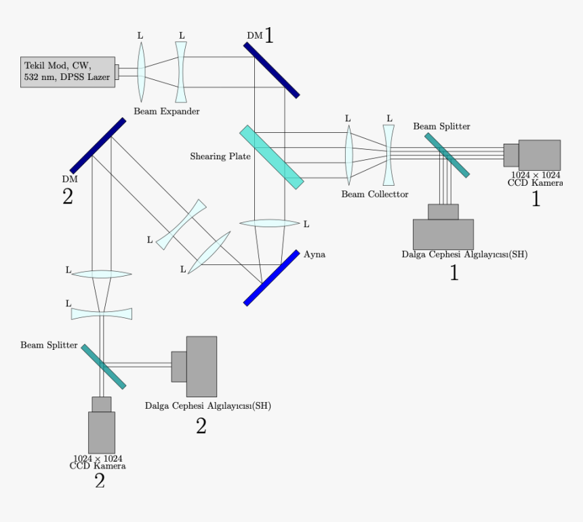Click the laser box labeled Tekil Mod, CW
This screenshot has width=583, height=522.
(x=67, y=71)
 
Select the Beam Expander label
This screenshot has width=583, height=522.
(x=167, y=111)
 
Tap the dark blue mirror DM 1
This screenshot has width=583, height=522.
(x=271, y=70)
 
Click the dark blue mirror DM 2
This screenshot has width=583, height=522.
(x=98, y=146)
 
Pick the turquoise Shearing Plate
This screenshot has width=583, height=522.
(x=271, y=157)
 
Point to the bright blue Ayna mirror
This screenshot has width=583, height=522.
(x=272, y=278)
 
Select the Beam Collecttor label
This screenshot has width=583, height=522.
(x=375, y=195)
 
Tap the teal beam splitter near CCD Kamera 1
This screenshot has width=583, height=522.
(x=447, y=155)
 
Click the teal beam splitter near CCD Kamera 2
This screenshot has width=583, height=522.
(x=104, y=367)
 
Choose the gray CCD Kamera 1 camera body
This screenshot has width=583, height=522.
(x=539, y=155)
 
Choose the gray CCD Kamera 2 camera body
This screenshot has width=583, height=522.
(x=102, y=431)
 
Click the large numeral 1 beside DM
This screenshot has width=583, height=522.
(x=268, y=36)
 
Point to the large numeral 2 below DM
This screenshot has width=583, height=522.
(x=67, y=197)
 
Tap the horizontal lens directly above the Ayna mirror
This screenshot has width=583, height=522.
(x=270, y=223)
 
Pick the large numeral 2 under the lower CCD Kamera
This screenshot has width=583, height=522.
(x=100, y=481)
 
